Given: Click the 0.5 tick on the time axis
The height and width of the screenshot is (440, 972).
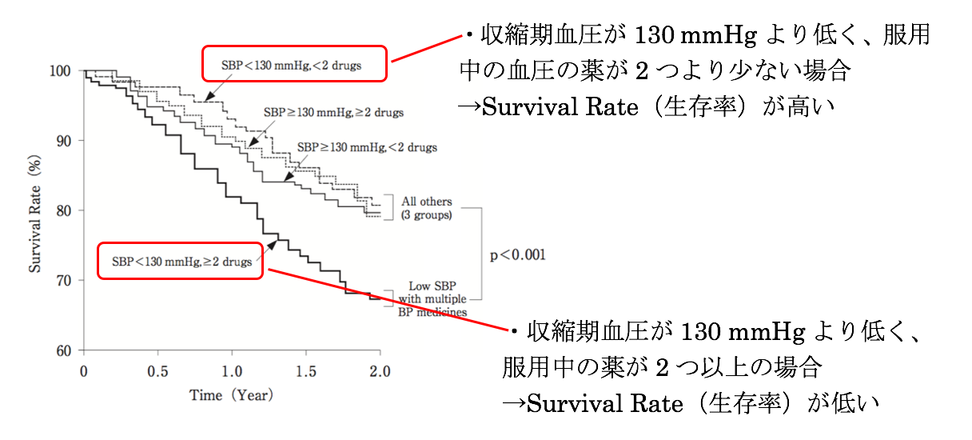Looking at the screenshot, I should click(157, 371).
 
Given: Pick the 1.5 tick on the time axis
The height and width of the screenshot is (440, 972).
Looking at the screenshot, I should click(305, 371).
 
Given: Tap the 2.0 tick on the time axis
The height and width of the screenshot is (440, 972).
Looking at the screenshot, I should click(380, 371).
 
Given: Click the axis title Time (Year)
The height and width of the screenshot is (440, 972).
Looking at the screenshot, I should click(231, 395).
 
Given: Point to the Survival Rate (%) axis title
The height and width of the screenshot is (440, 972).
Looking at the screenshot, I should click(35, 211).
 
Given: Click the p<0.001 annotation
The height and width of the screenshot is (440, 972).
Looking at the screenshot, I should click(517, 255).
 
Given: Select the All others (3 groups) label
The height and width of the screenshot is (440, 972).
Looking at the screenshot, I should click(426, 208).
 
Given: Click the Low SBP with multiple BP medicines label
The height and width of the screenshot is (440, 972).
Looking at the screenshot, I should click(432, 298).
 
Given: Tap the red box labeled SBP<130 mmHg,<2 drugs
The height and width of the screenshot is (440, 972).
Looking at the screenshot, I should click(293, 64).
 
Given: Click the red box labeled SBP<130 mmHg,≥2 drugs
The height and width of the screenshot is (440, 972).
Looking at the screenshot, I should click(180, 261).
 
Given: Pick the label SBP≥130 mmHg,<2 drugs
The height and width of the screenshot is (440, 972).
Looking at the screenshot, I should click(367, 147).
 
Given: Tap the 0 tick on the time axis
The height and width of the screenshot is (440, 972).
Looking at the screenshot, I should click(83, 371).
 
